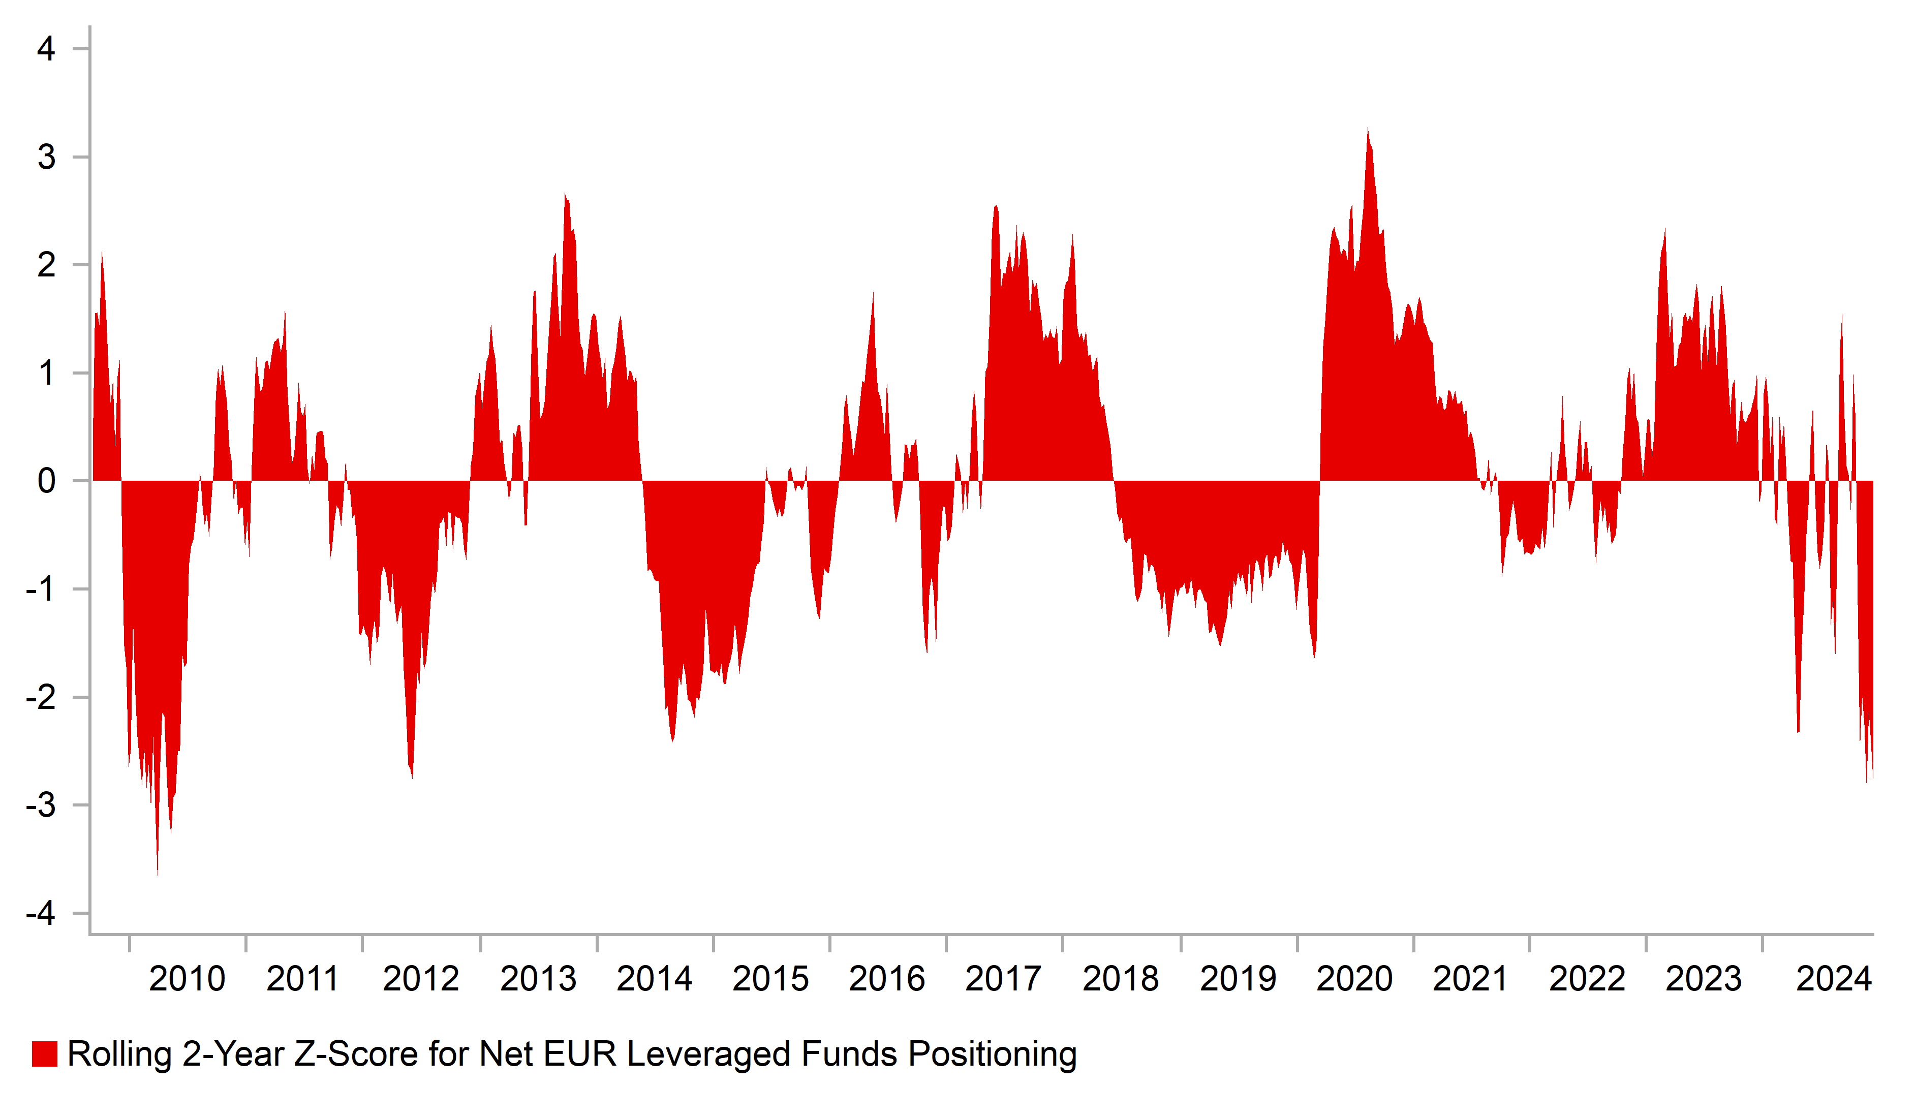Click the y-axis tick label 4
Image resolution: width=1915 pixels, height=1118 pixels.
46,49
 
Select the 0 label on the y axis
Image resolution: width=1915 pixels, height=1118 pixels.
46,481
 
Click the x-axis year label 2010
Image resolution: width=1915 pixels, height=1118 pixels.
187,979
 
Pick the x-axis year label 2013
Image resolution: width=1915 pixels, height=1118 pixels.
538,979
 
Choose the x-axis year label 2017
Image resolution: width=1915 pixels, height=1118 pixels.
1003,979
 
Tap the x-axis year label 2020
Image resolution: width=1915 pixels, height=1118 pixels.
1354,979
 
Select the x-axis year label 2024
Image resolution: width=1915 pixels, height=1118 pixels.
1834,979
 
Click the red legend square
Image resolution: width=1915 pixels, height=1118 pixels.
44,1054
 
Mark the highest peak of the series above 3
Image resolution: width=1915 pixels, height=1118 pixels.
1368,129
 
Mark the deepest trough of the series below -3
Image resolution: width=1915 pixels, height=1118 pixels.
158,874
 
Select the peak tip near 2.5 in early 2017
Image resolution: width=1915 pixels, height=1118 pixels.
996,206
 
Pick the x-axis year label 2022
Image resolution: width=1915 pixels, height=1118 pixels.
1587,979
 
